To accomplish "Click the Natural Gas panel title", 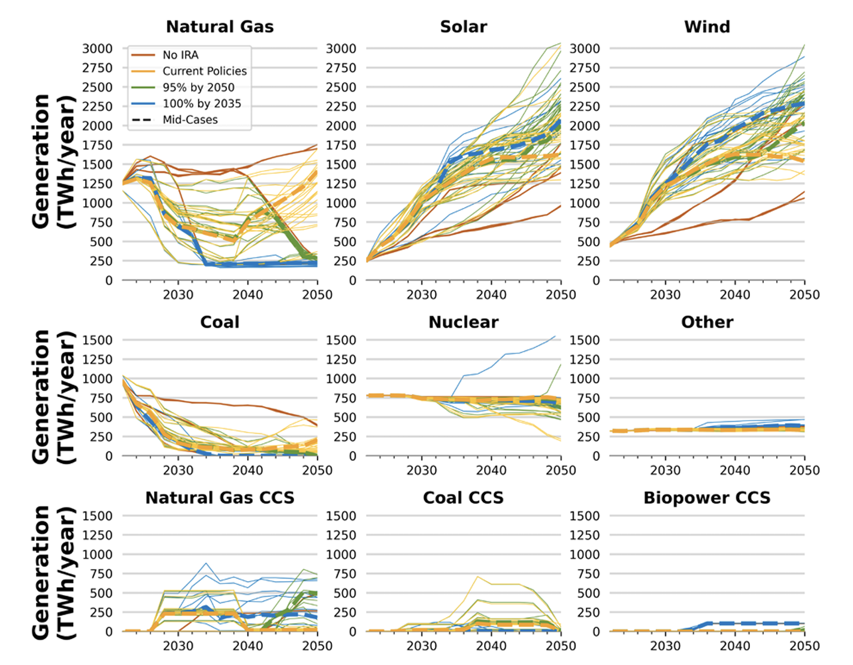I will [220, 27].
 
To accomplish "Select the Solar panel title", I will [463, 27].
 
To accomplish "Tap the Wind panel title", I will [707, 27].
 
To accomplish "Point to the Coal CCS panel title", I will [463, 498].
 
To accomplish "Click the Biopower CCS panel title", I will [707, 498].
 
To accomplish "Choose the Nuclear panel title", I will [463, 322].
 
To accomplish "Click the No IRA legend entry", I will [180, 55].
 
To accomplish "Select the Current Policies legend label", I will [204, 71].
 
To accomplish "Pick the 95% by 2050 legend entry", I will [198, 87].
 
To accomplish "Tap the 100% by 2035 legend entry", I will [201, 104].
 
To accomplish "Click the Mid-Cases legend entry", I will [190, 120].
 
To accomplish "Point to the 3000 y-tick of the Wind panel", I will [584, 49].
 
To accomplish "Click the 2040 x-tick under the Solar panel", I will [491, 295].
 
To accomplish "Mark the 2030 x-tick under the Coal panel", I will [178, 470].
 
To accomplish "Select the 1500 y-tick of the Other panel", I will [584, 340].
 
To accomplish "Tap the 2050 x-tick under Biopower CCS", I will [804, 646].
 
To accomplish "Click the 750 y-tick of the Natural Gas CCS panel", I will [97, 574].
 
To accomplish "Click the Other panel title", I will [707, 322].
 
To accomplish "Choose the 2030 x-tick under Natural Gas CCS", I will [178, 646].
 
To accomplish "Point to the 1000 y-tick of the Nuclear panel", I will [340, 379].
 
